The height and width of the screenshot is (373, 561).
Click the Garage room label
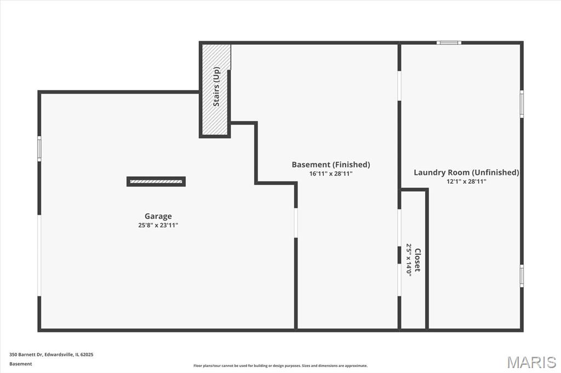click(x=158, y=216)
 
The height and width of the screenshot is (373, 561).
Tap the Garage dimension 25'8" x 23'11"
click(x=158, y=225)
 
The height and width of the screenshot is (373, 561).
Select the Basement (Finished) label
click(x=331, y=165)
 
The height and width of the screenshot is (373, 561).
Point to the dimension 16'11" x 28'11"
click(x=331, y=174)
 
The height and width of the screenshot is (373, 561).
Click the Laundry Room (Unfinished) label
click(x=467, y=172)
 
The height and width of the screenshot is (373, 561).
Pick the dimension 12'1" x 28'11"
click(x=467, y=182)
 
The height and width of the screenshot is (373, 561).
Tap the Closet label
click(x=417, y=260)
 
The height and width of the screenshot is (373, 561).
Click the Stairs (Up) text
click(x=216, y=86)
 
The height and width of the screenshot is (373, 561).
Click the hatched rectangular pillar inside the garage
click(x=156, y=182)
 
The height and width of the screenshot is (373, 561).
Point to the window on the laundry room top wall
click(x=449, y=43)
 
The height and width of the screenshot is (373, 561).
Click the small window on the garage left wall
click(x=39, y=149)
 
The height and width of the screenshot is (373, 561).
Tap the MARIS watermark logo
click(x=531, y=362)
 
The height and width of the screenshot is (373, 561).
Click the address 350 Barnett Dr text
click(x=26, y=354)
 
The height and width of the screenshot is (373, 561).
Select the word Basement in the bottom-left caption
click(x=21, y=364)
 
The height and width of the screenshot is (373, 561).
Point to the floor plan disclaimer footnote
click(x=280, y=365)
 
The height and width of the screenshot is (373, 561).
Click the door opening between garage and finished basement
click(x=296, y=223)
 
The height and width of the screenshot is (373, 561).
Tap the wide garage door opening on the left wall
click(x=39, y=255)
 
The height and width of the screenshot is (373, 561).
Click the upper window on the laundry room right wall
click(x=522, y=104)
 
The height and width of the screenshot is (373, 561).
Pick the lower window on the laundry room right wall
click(x=522, y=276)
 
